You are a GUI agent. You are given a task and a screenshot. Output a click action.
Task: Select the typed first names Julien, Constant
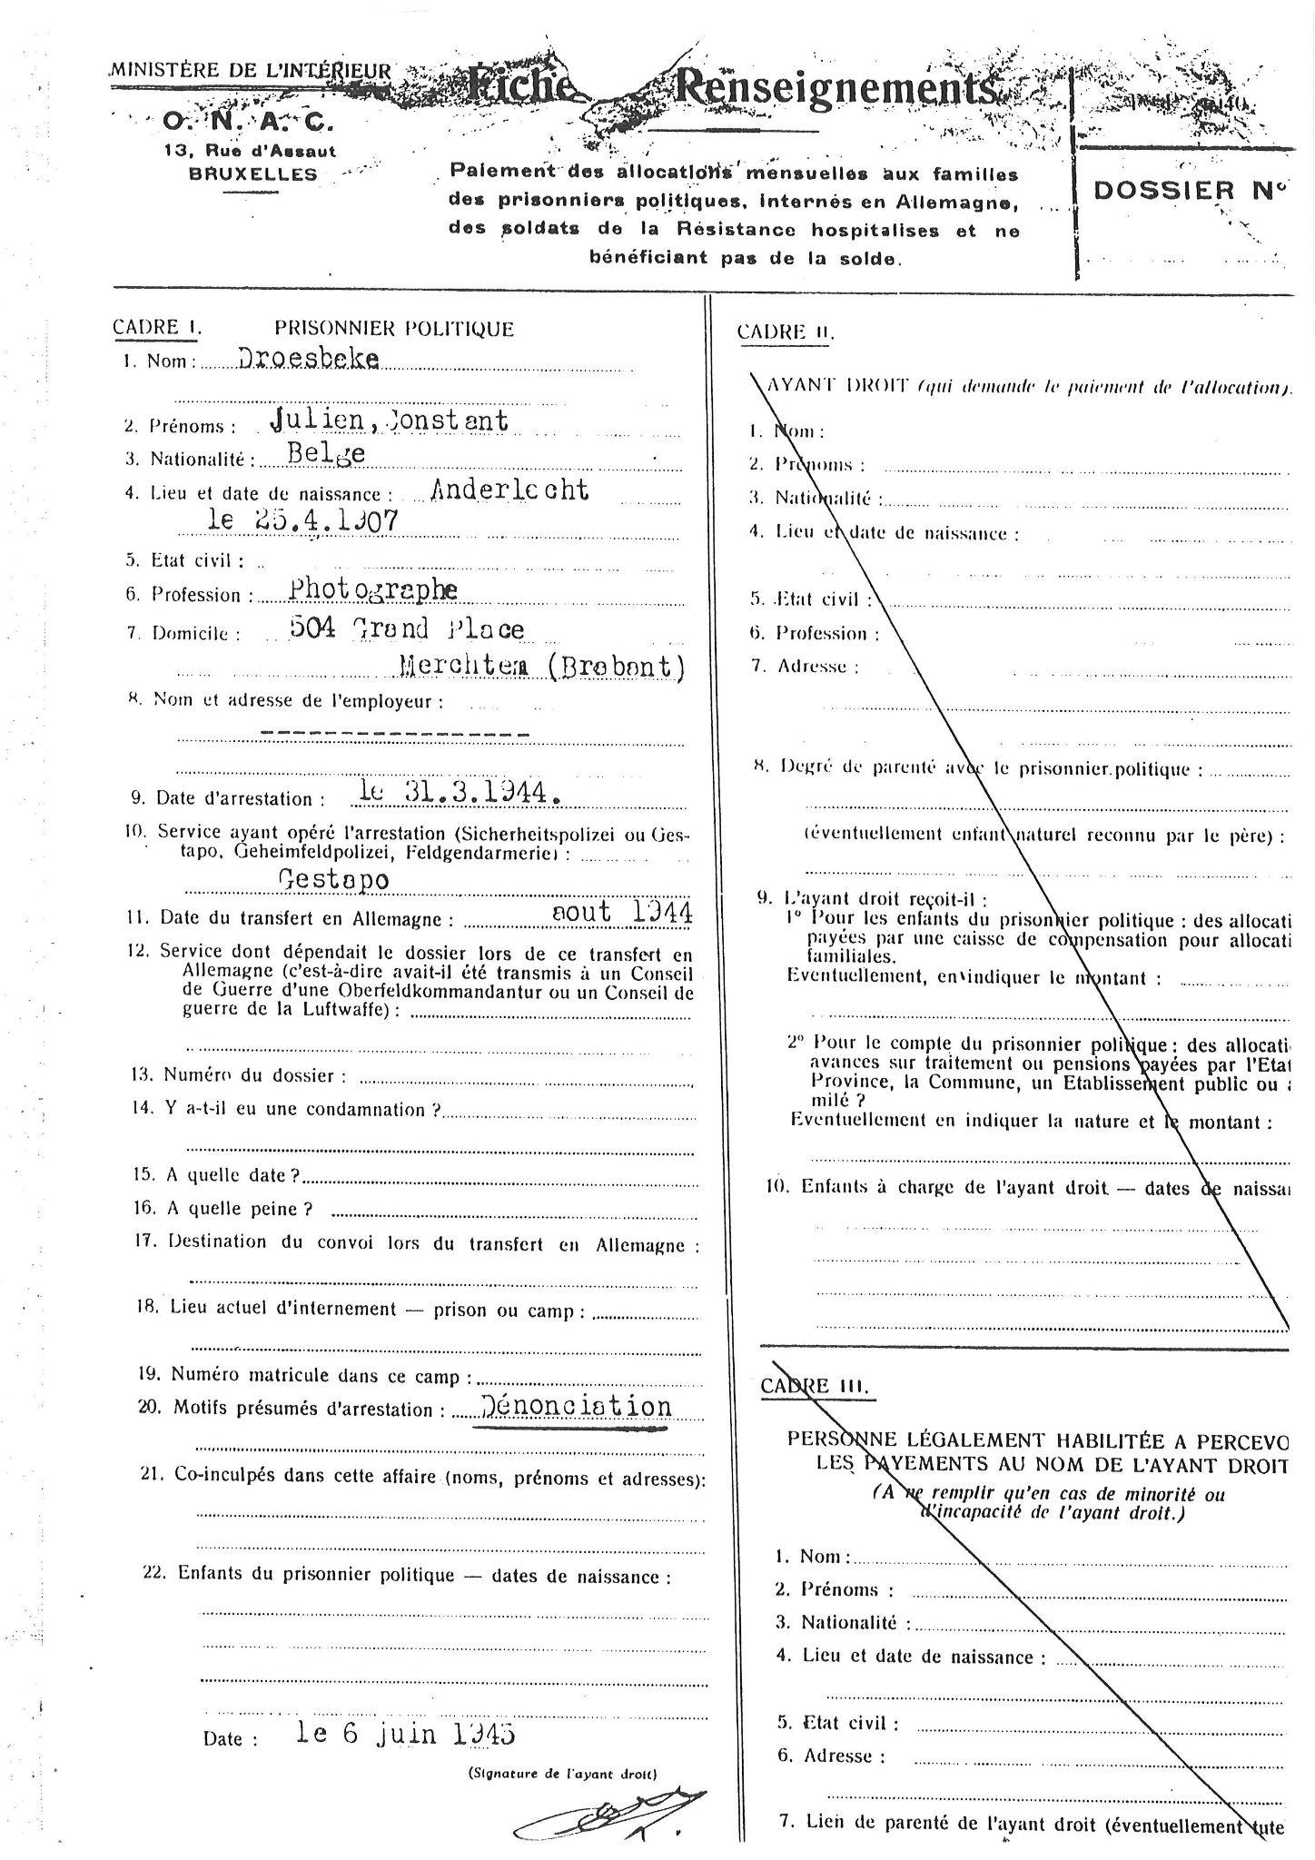pyautogui.click(x=389, y=420)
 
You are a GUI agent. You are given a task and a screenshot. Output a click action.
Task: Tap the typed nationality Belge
pyautogui.click(x=324, y=453)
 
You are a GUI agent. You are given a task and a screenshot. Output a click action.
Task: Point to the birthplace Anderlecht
pyautogui.click(x=509, y=490)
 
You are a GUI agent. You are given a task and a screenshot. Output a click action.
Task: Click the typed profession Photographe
pyautogui.click(x=372, y=590)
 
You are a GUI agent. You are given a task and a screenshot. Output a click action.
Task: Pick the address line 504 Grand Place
pyautogui.click(x=406, y=628)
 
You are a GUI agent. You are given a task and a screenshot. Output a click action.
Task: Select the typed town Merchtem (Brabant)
pyautogui.click(x=541, y=668)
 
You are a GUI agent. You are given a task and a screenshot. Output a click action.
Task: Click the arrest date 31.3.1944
pyautogui.click(x=460, y=794)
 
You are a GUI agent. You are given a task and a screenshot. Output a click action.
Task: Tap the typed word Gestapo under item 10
pyautogui.click(x=333, y=880)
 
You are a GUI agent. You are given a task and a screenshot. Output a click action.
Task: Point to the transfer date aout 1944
pyautogui.click(x=622, y=913)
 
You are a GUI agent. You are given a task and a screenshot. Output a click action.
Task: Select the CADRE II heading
pyautogui.click(x=785, y=332)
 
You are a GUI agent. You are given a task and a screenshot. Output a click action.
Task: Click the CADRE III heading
pyautogui.click(x=814, y=1386)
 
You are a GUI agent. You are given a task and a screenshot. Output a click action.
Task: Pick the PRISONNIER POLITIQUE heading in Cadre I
pyautogui.click(x=394, y=329)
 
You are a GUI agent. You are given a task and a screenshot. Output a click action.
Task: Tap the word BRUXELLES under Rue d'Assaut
pyautogui.click(x=252, y=173)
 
